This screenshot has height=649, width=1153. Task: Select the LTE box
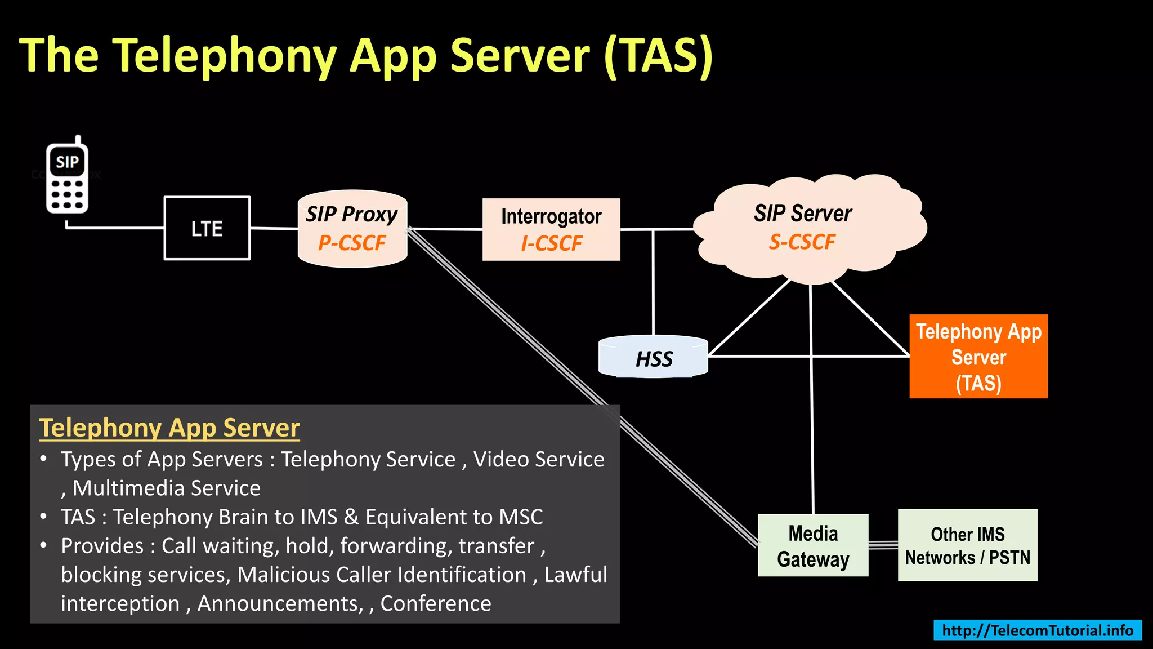pyautogui.click(x=207, y=228)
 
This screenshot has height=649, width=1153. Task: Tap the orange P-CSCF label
pyautogui.click(x=352, y=243)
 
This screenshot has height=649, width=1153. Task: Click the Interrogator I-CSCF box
pyautogui.click(x=551, y=229)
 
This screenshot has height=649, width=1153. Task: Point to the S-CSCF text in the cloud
pyautogui.click(x=802, y=242)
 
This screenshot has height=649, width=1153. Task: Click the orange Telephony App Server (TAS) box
pyautogui.click(x=978, y=357)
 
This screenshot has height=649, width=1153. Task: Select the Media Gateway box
pyautogui.click(x=813, y=545)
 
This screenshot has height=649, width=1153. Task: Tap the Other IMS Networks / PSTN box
pyautogui.click(x=967, y=545)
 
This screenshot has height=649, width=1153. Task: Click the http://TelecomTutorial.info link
pyautogui.click(x=1037, y=630)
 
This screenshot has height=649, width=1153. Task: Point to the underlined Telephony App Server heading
pyautogui.click(x=169, y=428)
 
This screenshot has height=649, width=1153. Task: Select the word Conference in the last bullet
pyautogui.click(x=436, y=603)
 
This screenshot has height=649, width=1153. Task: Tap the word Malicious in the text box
pyautogui.click(x=277, y=575)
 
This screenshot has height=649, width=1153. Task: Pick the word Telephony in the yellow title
pyautogui.click(x=224, y=55)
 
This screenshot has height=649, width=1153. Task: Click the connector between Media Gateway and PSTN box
pyautogui.click(x=883, y=545)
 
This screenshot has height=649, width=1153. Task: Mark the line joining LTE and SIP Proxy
pyautogui.click(x=274, y=228)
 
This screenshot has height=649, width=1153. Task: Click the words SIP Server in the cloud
pyautogui.click(x=802, y=214)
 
